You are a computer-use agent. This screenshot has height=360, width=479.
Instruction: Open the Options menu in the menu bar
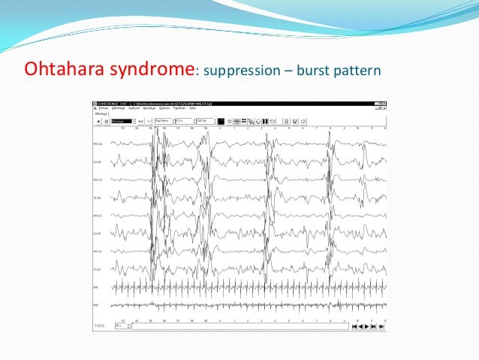coord(164,108)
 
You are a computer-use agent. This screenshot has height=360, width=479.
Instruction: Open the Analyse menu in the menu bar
coord(134,108)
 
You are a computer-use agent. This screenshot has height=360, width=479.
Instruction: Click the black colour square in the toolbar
coord(221,119)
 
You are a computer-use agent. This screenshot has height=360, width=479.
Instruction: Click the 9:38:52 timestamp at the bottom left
coord(98,326)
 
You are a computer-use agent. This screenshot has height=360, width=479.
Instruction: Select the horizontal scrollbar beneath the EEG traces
coord(240,326)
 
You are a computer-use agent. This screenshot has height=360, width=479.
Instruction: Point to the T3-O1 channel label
coord(98,269)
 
